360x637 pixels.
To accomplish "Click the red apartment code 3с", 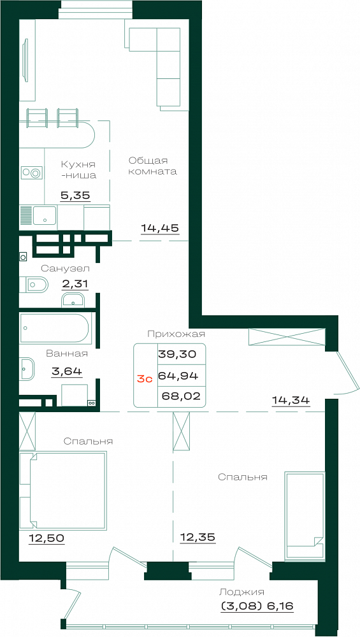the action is (144, 379).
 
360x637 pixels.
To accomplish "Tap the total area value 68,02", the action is (181, 396).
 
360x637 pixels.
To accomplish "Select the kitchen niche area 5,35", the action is (75, 196).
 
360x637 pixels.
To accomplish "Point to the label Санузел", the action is (66, 268).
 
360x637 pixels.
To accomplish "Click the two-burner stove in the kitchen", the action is (32, 173).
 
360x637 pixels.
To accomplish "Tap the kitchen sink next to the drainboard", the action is (45, 215).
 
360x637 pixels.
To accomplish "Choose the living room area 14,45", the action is (160, 228).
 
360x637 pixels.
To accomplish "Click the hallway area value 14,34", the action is (291, 401).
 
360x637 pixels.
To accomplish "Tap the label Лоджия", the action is (241, 592).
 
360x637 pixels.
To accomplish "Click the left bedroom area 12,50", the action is (47, 539).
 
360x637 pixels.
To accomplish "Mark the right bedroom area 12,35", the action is (198, 538).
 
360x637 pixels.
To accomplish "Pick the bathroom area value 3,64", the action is (67, 371).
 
